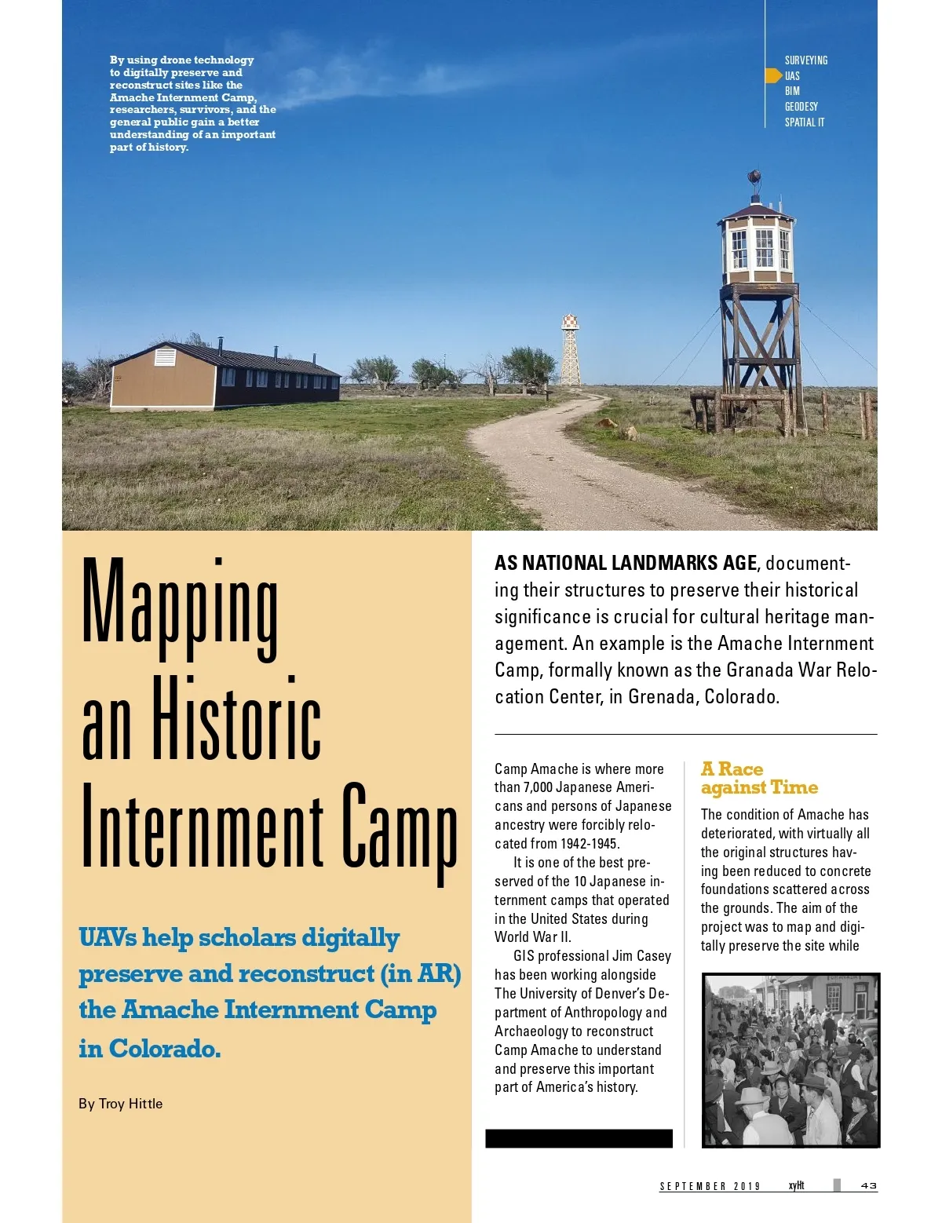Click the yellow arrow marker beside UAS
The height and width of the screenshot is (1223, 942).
click(x=773, y=76)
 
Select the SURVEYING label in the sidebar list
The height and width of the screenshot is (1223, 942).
click(x=805, y=60)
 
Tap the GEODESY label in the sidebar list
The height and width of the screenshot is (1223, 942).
click(x=801, y=107)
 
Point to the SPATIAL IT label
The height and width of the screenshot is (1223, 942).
click(x=804, y=122)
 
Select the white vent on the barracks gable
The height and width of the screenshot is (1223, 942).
click(x=165, y=357)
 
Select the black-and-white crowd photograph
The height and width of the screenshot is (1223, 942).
click(x=790, y=1060)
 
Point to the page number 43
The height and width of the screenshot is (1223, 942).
click(x=868, y=1185)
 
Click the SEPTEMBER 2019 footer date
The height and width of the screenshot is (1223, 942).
click(x=710, y=1186)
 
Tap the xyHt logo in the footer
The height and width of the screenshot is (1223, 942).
click(x=796, y=1185)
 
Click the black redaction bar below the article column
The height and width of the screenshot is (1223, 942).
click(x=579, y=1138)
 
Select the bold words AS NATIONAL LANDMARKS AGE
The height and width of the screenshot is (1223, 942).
click(x=626, y=563)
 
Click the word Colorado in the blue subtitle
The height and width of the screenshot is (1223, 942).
click(x=164, y=1049)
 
